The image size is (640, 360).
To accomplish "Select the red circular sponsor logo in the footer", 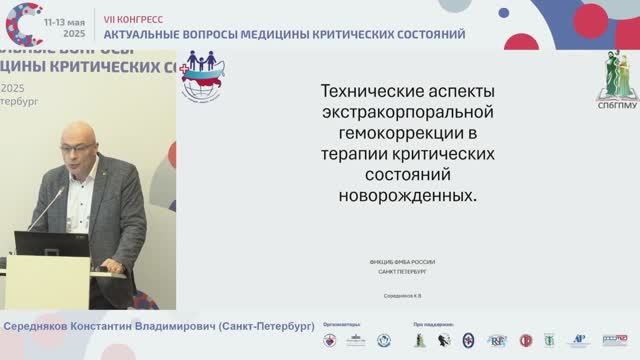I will pos(526,341).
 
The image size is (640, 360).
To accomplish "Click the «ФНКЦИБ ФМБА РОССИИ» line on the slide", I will pos(402,262).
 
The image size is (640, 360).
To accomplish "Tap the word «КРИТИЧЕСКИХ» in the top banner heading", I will pos(348,34).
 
